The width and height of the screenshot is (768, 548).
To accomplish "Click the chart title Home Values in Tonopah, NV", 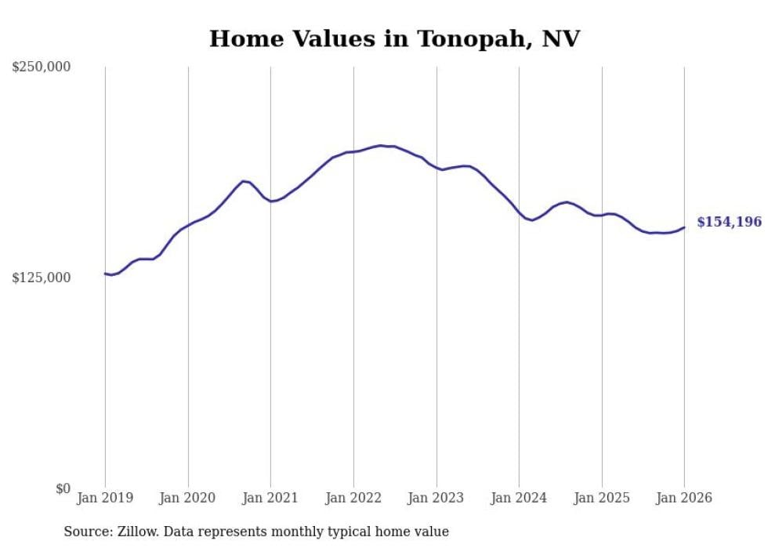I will (394, 38).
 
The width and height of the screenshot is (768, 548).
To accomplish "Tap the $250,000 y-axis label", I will (41, 67).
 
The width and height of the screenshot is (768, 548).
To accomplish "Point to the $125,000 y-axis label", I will (41, 278).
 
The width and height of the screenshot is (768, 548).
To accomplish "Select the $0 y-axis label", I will (63, 488).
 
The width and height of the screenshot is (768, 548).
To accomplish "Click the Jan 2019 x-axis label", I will (105, 498).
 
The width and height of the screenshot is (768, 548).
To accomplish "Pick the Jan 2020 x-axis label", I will (188, 498).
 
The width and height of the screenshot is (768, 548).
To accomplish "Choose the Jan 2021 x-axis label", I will (270, 498).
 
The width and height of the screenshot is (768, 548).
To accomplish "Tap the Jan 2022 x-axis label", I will (353, 498).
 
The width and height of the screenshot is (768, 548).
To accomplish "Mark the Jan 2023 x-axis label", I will (437, 498).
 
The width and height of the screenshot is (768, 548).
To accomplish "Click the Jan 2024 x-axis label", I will (519, 498).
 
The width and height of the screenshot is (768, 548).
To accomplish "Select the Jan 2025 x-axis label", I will (602, 498).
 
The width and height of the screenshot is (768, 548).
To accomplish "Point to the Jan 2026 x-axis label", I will (684, 498).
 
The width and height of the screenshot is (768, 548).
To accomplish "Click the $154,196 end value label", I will (729, 222).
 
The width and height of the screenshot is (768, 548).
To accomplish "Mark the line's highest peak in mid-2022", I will (381, 145).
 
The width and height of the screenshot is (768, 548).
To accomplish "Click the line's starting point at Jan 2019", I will (105, 274).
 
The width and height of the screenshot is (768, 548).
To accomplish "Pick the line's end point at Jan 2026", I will (684, 227).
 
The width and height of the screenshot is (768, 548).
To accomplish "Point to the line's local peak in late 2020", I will (244, 181).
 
